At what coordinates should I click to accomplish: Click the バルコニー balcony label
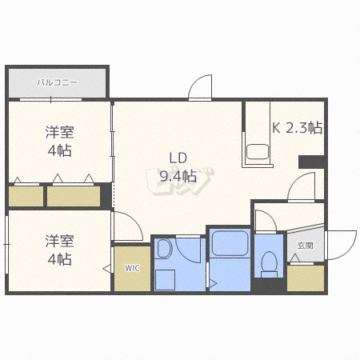point(56,82)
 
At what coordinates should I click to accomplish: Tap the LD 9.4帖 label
point(178,167)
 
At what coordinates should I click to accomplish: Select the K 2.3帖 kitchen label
point(297,126)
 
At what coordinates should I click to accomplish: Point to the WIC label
point(131,268)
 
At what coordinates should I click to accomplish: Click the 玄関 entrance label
point(305,245)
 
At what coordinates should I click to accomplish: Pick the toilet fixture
point(269,262)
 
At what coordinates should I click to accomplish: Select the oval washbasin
point(165,249)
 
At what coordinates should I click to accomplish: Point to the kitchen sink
point(258,151)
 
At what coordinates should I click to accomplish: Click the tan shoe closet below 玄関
point(305,277)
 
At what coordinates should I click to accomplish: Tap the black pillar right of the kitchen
point(310,162)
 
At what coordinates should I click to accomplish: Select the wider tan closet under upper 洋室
point(74,196)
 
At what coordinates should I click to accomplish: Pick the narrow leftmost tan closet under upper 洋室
point(26,196)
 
